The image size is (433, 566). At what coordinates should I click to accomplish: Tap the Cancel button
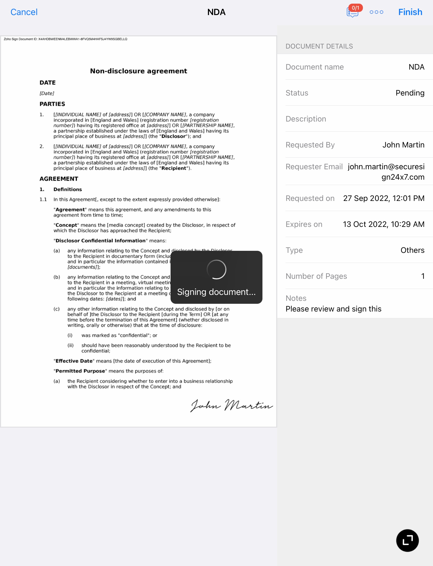24,12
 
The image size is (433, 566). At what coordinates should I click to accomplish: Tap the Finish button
410,12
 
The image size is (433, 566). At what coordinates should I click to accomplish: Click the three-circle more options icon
376,12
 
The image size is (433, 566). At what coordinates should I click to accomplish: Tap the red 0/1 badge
355,8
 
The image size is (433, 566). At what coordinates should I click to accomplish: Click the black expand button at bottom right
407,540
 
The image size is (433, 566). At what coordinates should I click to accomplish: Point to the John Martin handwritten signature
232,405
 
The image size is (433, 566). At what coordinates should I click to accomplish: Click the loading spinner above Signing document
216,269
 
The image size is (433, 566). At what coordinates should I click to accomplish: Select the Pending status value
410,93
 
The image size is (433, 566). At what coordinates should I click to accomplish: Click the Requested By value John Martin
403,145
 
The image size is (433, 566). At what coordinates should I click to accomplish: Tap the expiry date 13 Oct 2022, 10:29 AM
383,224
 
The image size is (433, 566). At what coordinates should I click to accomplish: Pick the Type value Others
412,250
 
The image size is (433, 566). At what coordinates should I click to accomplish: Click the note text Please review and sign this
333,309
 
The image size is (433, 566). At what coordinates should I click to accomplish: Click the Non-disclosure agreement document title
139,71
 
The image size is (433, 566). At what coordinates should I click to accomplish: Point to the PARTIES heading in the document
52,104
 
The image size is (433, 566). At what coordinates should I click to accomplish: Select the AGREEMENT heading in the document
59,179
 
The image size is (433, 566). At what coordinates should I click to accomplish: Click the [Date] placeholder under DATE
47,93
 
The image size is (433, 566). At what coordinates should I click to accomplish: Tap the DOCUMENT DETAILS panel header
319,46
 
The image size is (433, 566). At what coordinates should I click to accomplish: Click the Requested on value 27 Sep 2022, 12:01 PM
383,198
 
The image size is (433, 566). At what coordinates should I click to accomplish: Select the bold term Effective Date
74,361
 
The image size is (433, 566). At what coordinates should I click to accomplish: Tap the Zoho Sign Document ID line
65,39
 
